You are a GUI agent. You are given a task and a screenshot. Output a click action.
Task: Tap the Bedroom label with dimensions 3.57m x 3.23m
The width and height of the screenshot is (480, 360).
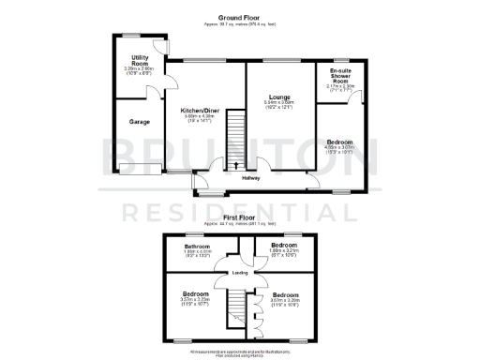point(195,293)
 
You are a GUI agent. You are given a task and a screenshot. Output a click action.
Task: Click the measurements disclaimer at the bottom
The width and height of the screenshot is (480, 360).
point(240,352)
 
